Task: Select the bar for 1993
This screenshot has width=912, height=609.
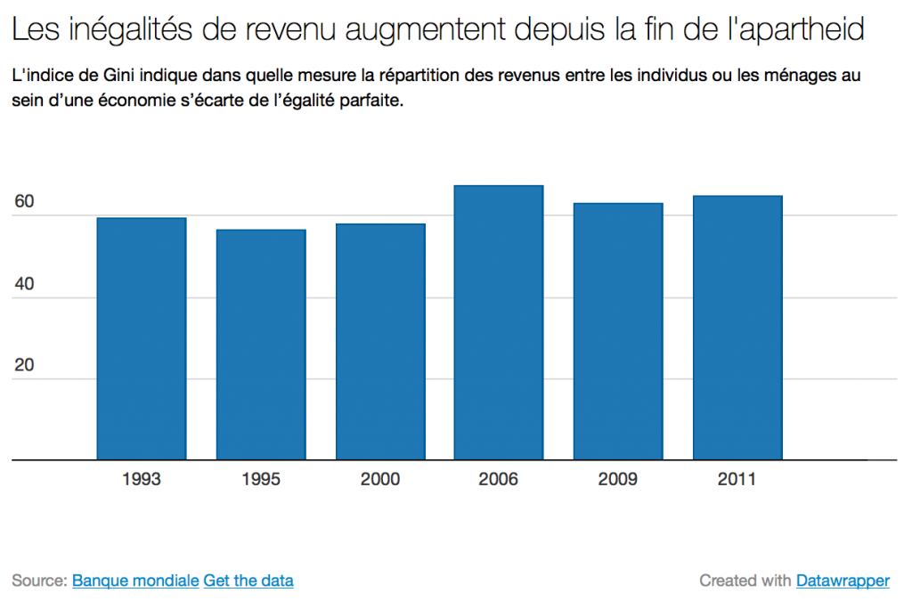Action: [x=142, y=338]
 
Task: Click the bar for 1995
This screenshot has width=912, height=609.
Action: [x=261, y=345]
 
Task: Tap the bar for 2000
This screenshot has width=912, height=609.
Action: [x=380, y=342]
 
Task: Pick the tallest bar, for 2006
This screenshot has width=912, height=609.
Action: [x=499, y=322]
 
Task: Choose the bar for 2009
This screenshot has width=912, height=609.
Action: [x=618, y=331]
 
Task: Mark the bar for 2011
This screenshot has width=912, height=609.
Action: [x=737, y=328]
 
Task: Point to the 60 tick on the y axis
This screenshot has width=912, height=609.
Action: [x=24, y=202]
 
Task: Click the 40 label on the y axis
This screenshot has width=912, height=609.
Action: [x=24, y=284]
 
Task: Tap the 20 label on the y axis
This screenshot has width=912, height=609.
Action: [x=24, y=366]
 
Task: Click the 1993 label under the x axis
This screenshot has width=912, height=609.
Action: [x=142, y=480]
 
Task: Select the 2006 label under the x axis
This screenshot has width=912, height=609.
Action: [x=499, y=480]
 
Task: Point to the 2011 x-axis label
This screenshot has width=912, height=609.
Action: [x=737, y=480]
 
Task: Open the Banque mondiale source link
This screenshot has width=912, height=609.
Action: [x=135, y=581]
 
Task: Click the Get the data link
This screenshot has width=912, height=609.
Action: [x=248, y=581]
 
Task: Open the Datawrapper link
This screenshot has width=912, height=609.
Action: [x=843, y=581]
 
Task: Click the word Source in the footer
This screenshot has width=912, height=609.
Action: [x=38, y=581]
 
